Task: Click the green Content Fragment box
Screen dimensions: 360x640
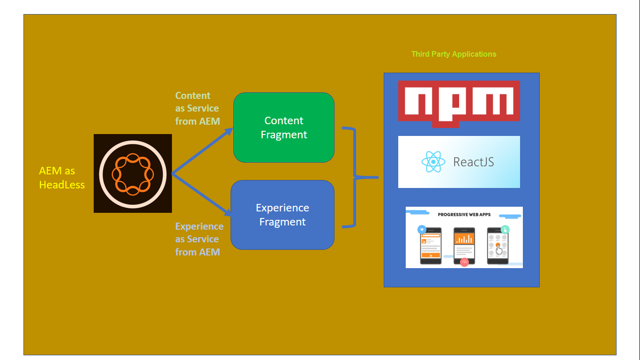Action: click(283, 127)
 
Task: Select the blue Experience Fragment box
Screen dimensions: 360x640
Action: click(282, 215)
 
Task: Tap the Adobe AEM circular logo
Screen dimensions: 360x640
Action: click(133, 173)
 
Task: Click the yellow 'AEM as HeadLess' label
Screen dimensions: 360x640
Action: click(62, 178)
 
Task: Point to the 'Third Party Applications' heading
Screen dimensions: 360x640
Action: click(454, 54)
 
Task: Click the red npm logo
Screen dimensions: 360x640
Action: click(459, 103)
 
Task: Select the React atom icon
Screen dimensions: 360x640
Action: click(433, 162)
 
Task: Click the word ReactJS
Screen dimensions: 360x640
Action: click(473, 162)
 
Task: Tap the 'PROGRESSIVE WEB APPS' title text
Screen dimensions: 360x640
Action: click(464, 215)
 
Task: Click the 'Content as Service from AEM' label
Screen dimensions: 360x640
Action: click(197, 108)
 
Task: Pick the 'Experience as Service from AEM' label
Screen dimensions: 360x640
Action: click(199, 239)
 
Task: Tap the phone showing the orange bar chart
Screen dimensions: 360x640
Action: click(464, 245)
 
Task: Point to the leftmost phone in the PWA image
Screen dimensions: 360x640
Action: click(431, 246)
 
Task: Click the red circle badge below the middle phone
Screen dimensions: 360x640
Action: click(464, 262)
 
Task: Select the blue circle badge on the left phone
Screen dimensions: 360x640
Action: click(422, 230)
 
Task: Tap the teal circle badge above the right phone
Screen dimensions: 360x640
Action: click(505, 229)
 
